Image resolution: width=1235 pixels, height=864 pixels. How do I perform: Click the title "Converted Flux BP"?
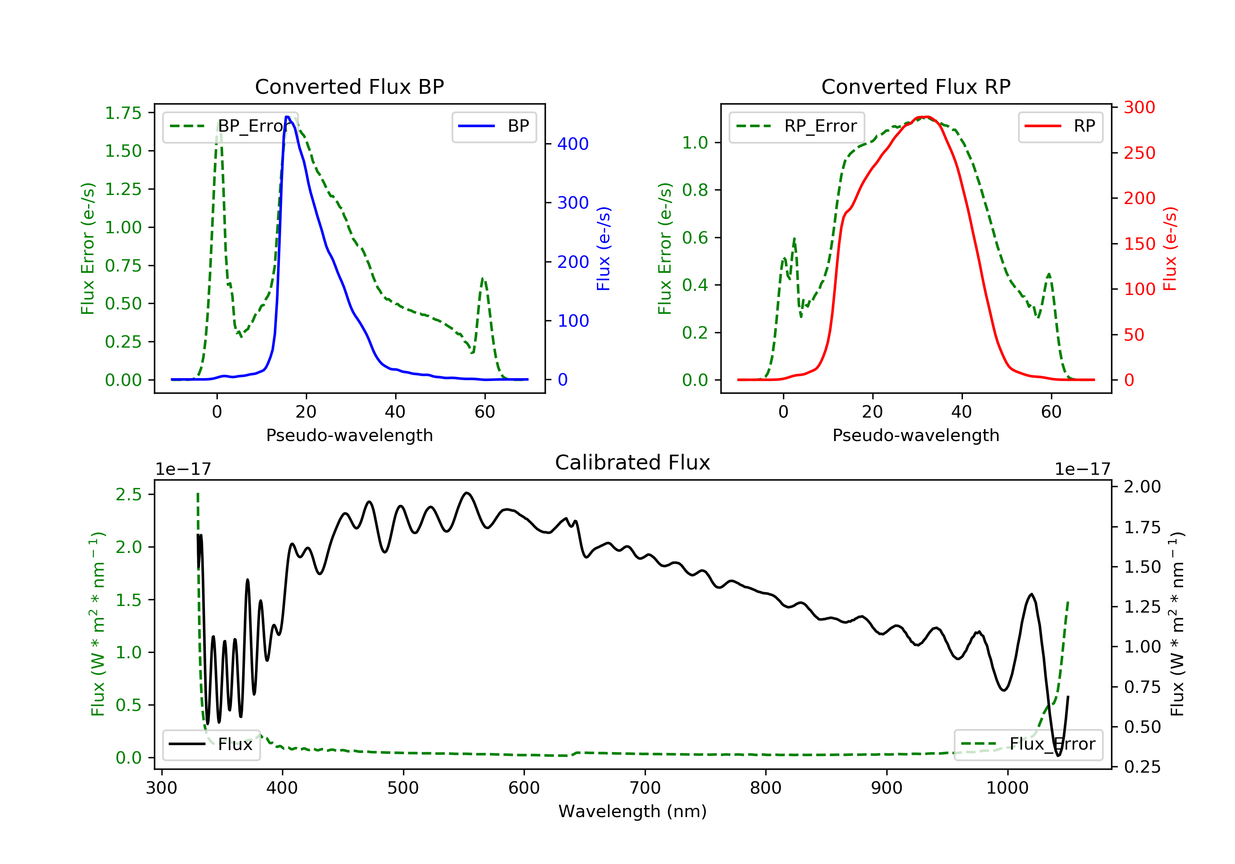(349, 86)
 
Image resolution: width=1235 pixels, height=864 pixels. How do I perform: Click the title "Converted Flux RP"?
(916, 86)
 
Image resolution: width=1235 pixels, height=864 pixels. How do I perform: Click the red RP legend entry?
(1060, 126)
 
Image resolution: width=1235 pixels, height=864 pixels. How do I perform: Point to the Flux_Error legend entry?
(1028, 744)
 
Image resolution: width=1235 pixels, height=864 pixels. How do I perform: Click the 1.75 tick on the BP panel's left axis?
(123, 113)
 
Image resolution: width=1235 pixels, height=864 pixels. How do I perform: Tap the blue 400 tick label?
(573, 144)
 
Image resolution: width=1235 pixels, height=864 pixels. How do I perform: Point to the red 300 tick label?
(1139, 107)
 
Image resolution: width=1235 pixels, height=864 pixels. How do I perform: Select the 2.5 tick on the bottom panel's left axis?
(128, 494)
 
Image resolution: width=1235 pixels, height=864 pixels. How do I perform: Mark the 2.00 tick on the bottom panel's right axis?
(1142, 487)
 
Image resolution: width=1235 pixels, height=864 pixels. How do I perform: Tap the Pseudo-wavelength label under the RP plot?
(916, 435)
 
